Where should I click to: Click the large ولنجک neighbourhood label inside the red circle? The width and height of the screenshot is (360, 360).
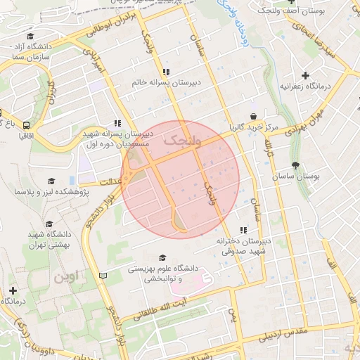coord(181,141)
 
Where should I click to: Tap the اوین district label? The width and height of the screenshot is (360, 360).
coord(64,276)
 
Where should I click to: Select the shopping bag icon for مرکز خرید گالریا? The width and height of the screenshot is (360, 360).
coord(252,116)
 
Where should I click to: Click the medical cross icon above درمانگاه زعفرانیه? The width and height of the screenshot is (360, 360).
coord(304,75)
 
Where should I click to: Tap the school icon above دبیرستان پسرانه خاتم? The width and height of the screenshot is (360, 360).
coord(166,72)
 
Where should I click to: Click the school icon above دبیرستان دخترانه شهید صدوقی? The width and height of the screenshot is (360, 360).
coord(243,230)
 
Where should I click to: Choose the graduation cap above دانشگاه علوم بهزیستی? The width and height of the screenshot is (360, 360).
coord(162,258)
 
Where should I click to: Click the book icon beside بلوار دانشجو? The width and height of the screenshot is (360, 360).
coord(104,275)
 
